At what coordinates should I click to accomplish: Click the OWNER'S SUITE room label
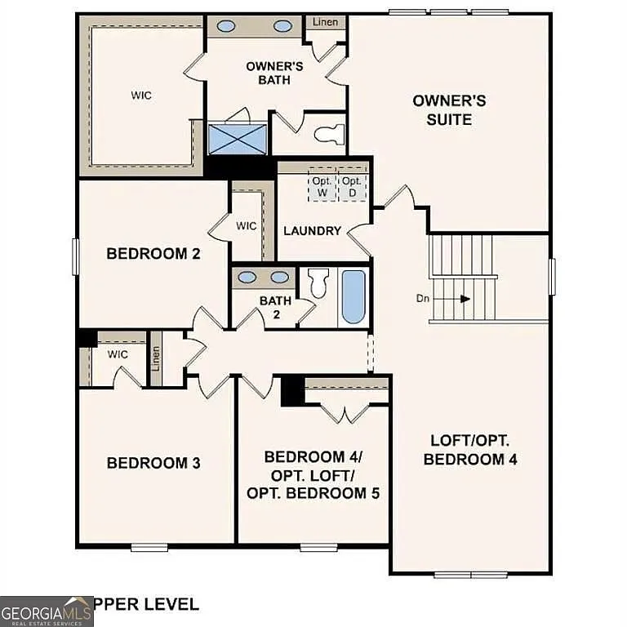tap(449, 109)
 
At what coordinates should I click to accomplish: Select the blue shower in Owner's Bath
tap(237, 138)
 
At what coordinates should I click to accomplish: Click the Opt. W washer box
tap(322, 187)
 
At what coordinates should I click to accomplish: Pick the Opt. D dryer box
tap(352, 187)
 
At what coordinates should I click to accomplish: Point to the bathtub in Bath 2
tap(354, 296)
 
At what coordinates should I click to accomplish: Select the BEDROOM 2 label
tap(153, 254)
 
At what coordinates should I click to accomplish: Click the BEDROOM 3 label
tap(153, 463)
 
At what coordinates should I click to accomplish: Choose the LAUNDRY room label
tap(312, 231)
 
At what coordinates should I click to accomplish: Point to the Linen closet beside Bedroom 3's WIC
tap(156, 359)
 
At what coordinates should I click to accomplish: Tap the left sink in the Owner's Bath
tap(226, 26)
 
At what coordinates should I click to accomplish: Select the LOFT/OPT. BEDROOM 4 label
tap(470, 450)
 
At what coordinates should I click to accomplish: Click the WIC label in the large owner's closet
tap(141, 95)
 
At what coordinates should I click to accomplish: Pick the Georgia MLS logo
tap(47, 611)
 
